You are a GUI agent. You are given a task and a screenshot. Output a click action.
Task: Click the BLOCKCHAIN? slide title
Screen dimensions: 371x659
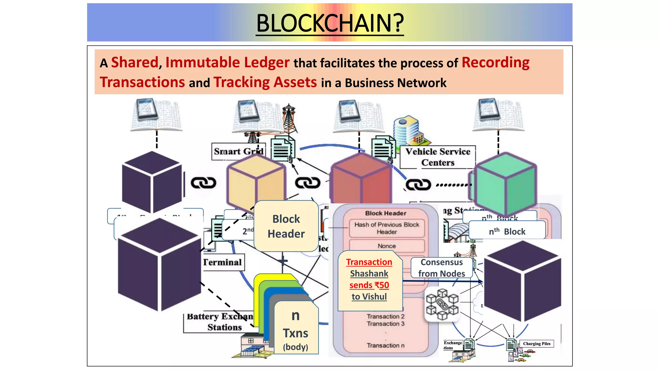tap(330, 23)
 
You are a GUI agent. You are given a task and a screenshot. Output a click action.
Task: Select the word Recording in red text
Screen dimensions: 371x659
tap(495, 62)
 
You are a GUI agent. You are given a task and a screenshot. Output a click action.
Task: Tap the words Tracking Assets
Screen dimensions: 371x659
tap(265, 82)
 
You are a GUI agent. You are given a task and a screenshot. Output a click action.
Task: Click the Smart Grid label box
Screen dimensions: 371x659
tap(238, 151)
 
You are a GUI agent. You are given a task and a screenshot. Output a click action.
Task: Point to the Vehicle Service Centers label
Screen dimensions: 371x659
tap(437, 157)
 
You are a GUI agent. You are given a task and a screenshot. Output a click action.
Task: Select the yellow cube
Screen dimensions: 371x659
tap(256, 182)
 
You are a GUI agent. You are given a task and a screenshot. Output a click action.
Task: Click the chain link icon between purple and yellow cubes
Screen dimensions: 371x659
tap(203, 183)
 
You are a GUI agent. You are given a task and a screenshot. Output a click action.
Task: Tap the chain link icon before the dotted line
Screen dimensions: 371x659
tap(418, 185)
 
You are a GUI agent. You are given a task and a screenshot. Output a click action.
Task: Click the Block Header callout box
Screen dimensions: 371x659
tap(286, 226)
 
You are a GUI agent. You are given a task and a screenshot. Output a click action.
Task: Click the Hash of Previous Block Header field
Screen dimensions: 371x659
tap(386, 228)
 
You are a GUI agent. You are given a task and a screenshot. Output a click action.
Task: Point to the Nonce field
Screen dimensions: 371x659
tap(386, 246)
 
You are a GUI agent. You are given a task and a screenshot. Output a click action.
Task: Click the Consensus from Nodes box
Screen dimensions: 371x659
tap(441, 268)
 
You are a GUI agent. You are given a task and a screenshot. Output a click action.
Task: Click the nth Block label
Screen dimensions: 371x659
tap(507, 232)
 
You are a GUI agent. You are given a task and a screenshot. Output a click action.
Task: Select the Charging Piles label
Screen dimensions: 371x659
tap(536, 344)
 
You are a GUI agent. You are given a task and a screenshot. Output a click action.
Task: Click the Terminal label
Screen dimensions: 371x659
tap(223, 262)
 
